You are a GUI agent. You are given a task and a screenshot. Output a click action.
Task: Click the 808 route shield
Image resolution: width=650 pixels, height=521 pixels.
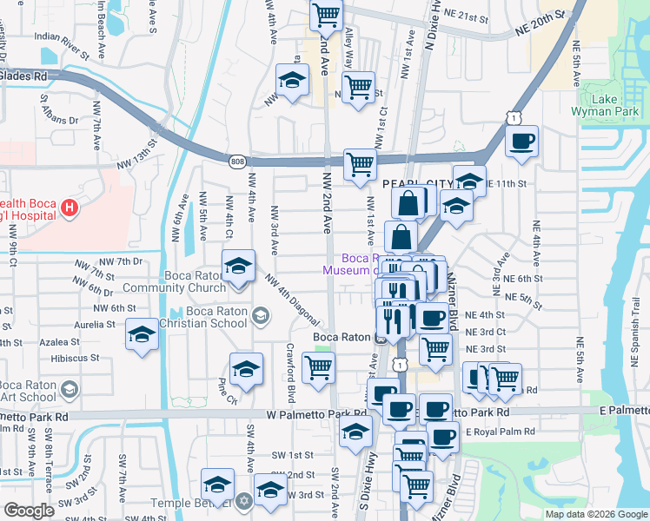coord(237,162)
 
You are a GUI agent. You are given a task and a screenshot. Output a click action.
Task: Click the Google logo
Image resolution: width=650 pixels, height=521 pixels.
coord(30,511)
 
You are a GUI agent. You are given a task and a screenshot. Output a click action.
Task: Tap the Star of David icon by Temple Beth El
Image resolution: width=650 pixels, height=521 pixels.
coord(244,503)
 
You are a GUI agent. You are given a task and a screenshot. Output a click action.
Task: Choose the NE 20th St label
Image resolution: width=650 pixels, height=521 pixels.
coord(540,29)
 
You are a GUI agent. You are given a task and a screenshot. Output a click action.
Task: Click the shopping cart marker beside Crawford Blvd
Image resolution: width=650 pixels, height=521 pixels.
coord(318,366)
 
